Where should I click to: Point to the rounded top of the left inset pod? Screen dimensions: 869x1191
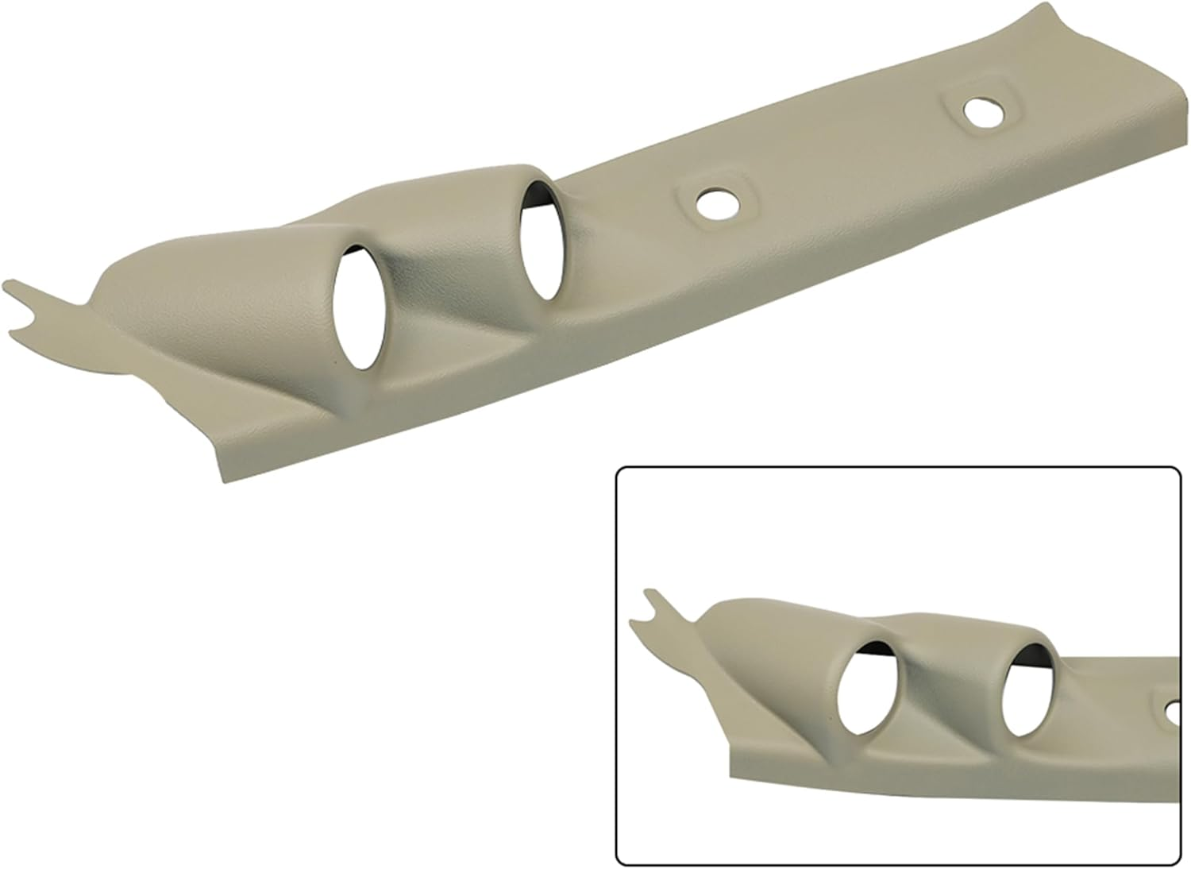coord(762,608)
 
